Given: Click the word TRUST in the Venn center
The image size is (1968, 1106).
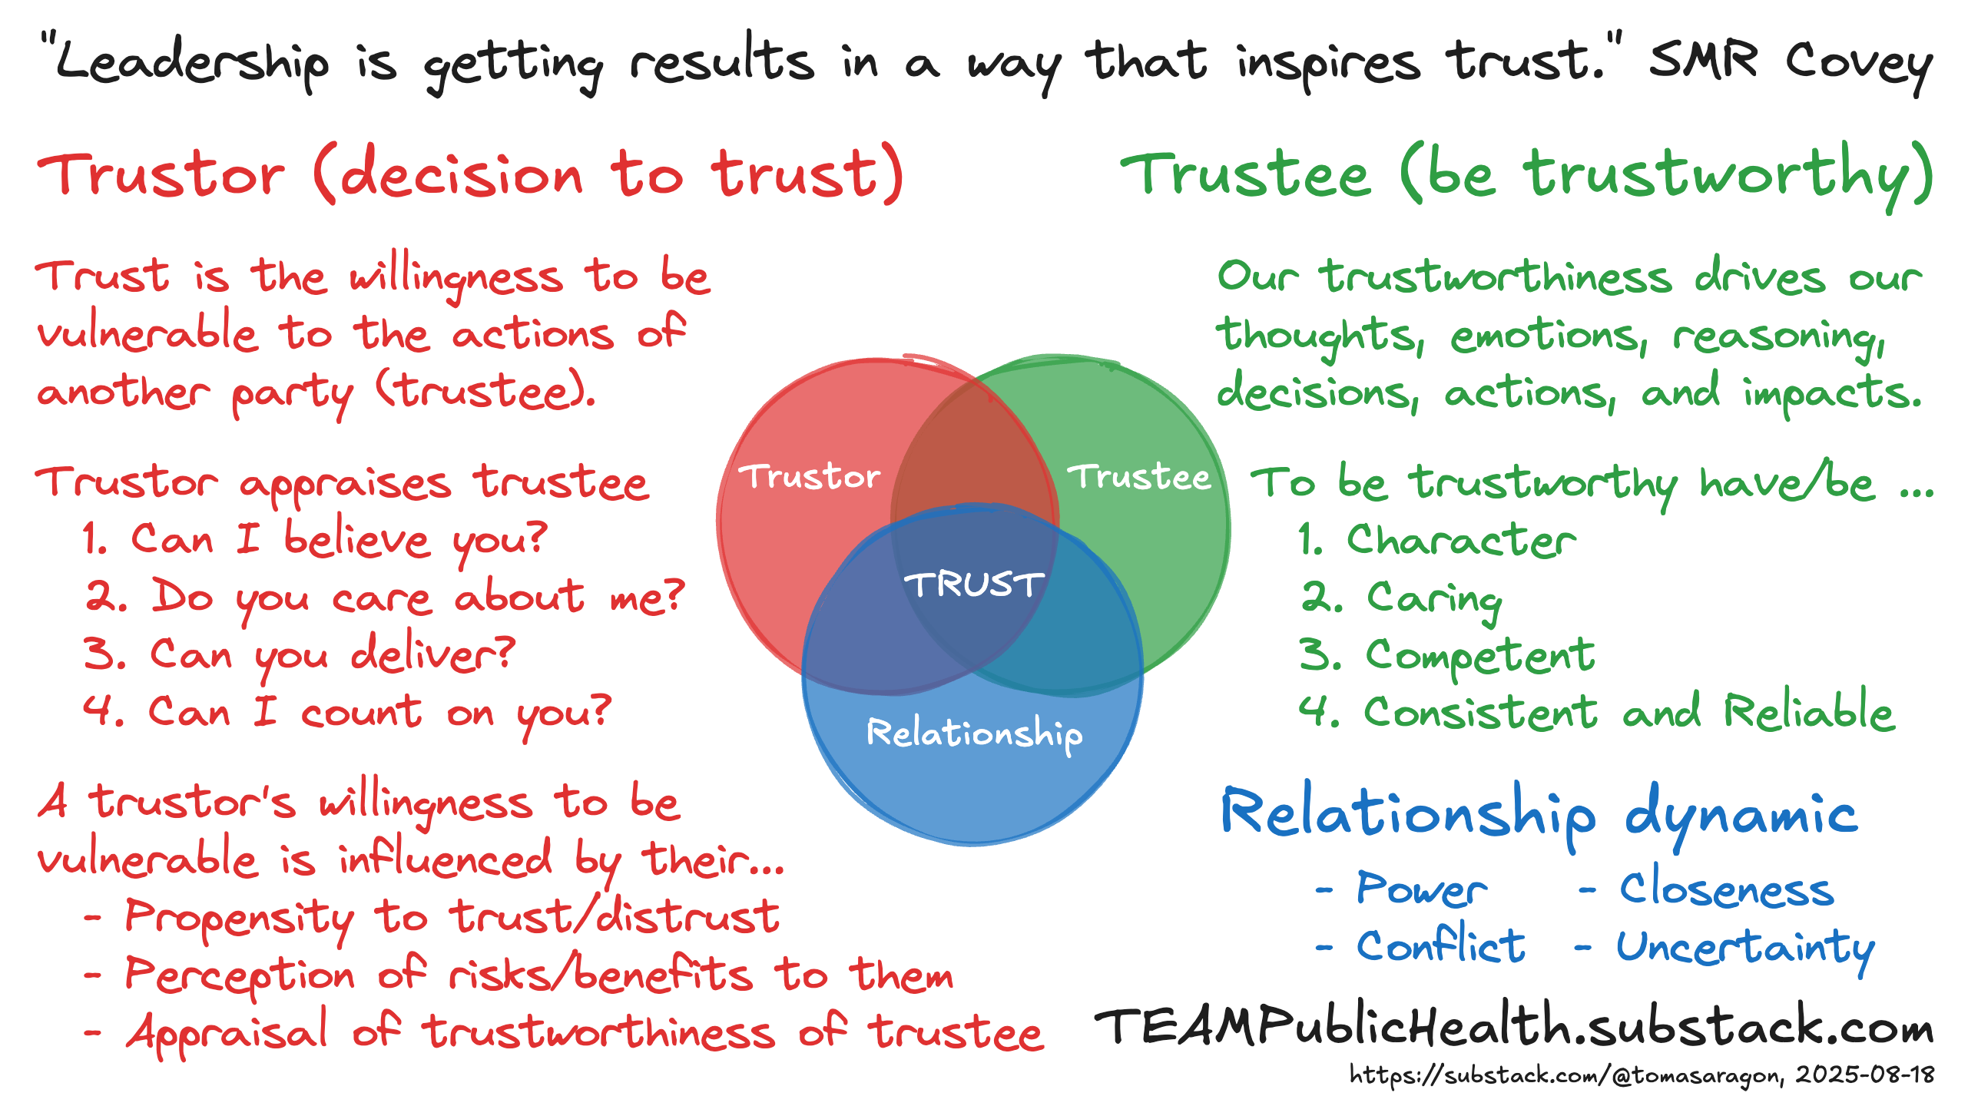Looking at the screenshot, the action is pyautogui.click(x=974, y=584).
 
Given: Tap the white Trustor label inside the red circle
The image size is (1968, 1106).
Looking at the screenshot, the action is pyautogui.click(x=809, y=477).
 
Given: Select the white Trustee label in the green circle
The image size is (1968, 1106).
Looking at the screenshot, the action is pyautogui.click(x=1139, y=477).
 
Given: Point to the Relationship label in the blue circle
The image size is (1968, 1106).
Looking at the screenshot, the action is pyautogui.click(x=974, y=733).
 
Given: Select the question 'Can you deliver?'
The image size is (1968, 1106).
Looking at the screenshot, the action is pyautogui.click(x=332, y=654).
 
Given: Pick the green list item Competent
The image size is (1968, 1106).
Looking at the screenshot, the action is pyautogui.click(x=1479, y=655).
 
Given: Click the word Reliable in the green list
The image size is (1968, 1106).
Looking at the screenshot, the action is pyautogui.click(x=1808, y=711).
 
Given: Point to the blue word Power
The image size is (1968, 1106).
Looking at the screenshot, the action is pyautogui.click(x=1421, y=889).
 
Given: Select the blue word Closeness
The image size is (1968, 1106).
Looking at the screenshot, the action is pyautogui.click(x=1727, y=889).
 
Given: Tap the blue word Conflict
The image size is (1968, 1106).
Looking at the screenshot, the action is pyautogui.click(x=1441, y=945).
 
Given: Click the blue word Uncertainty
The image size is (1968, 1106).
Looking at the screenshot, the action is pyautogui.click(x=1745, y=947).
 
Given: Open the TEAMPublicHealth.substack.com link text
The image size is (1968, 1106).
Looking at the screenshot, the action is pyautogui.click(x=1513, y=1028).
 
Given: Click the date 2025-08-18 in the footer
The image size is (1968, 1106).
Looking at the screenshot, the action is pyautogui.click(x=1865, y=1075).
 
